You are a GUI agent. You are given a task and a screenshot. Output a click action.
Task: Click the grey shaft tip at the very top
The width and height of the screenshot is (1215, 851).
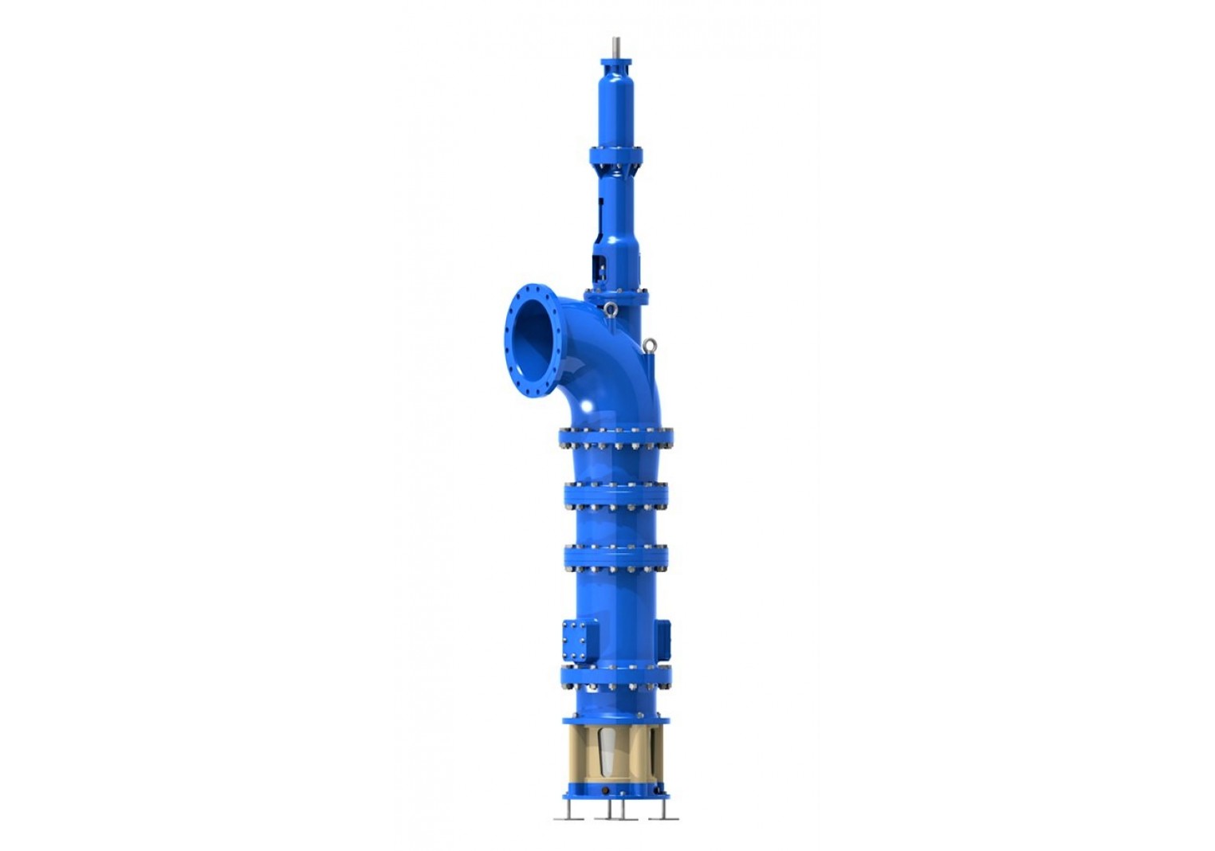(x=617, y=46)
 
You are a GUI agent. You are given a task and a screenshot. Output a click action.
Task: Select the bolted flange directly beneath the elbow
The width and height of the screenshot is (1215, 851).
(x=617, y=437)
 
